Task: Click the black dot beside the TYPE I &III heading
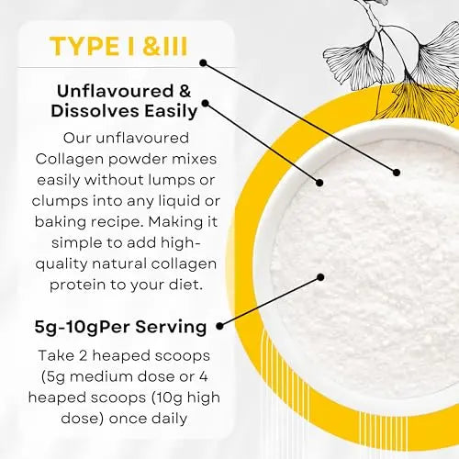(x=203, y=63)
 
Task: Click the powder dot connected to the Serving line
(x=321, y=275)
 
